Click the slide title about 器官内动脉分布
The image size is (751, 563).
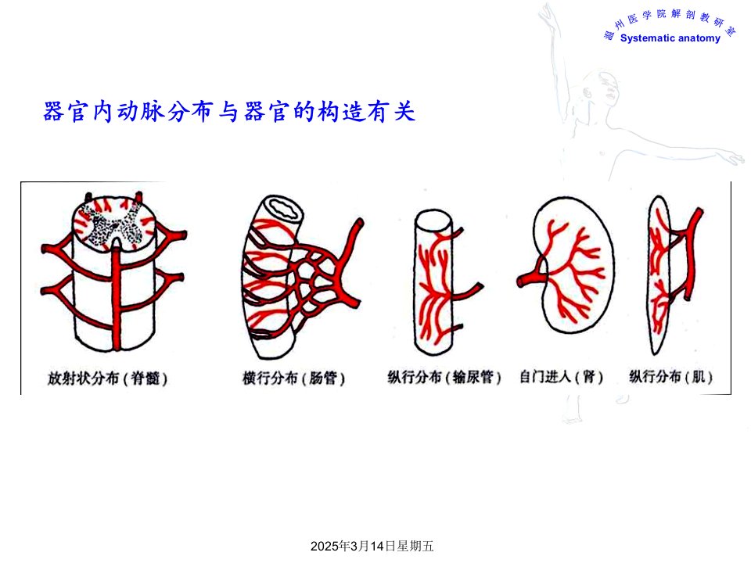click(x=229, y=112)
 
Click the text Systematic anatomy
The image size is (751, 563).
click(x=670, y=38)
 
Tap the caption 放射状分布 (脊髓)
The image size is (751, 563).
click(x=107, y=378)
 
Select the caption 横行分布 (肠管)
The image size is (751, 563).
click(x=293, y=378)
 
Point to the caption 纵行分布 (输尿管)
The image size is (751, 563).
click(x=444, y=377)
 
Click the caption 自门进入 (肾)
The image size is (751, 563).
click(x=561, y=377)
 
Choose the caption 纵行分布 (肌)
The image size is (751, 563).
click(x=670, y=377)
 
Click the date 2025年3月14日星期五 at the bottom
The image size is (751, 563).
click(x=372, y=546)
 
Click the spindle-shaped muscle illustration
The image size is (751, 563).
click(x=659, y=275)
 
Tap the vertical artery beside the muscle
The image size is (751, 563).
click(x=691, y=259)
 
